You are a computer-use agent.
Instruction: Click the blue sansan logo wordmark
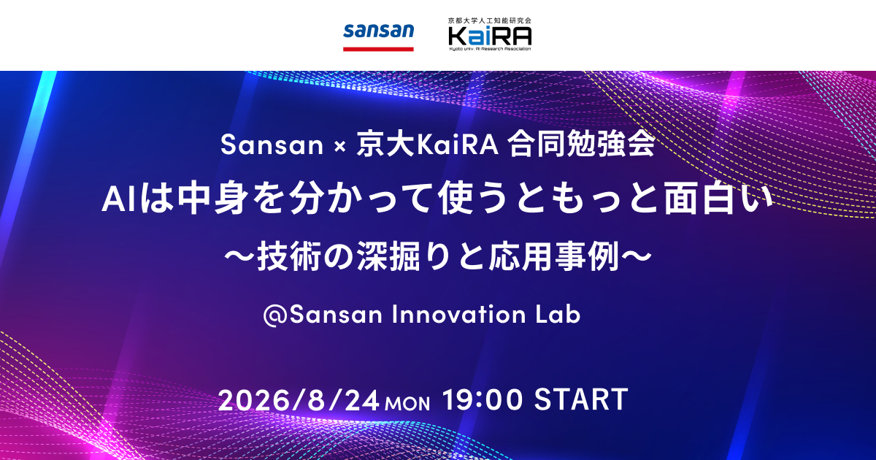point(378,31)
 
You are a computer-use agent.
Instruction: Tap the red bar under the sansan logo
point(378,50)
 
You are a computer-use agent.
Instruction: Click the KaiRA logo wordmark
point(490,37)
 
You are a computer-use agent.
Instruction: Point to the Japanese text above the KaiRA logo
point(490,20)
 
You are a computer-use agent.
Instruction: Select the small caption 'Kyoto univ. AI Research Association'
point(490,49)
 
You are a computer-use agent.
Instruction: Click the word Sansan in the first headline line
point(272,145)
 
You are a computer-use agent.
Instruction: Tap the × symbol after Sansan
point(340,146)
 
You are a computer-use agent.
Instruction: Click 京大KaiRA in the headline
point(427,145)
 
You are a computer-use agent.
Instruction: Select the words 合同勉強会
point(582,145)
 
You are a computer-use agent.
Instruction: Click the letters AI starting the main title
point(118,199)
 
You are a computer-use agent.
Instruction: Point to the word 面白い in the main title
point(719,199)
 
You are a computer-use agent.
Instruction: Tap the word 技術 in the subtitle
point(288,256)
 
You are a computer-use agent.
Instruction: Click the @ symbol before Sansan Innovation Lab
point(276,315)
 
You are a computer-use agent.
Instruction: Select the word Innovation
point(458,314)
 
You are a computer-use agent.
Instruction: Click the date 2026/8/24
point(299,400)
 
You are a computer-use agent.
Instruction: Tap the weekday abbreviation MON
point(407,404)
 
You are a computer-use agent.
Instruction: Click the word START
point(581,399)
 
